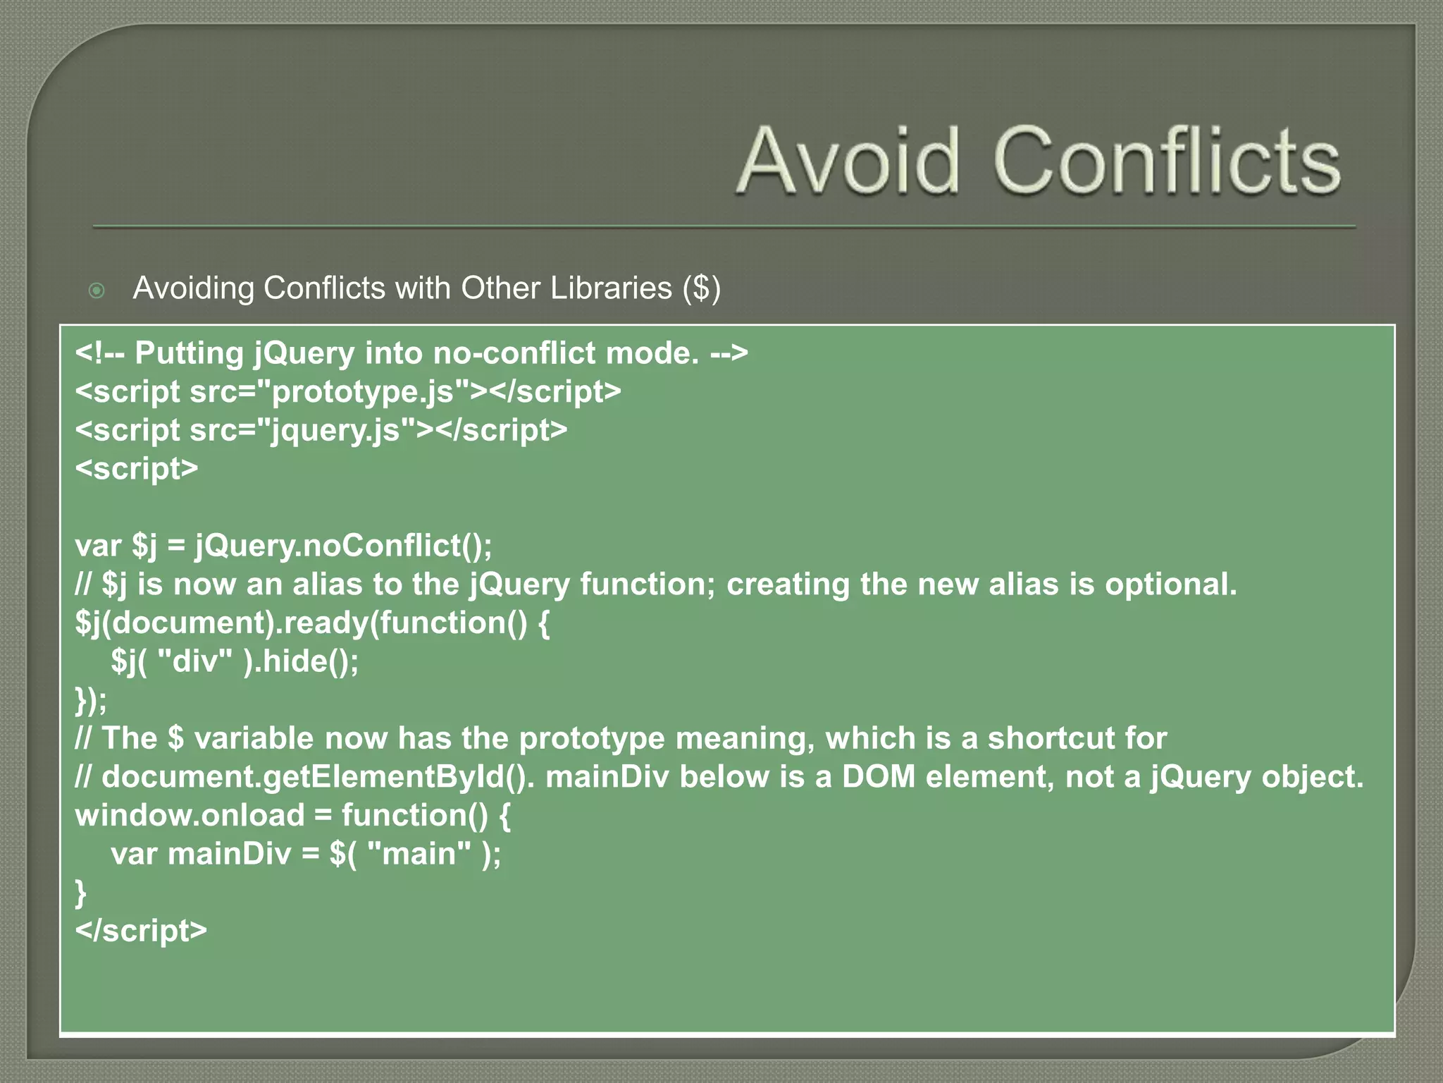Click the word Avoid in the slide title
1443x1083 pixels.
point(848,161)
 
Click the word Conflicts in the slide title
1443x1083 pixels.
point(1168,161)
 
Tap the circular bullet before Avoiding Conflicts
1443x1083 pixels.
point(97,290)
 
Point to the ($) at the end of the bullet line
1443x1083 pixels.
point(702,288)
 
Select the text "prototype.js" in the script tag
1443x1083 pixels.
point(370,392)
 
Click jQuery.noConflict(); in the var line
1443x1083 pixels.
point(344,546)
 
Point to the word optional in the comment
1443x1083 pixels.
point(1170,585)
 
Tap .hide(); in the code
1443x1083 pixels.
point(306,661)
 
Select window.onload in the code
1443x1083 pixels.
point(190,816)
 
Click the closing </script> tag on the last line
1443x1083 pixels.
point(141,931)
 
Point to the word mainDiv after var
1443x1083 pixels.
point(229,854)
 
